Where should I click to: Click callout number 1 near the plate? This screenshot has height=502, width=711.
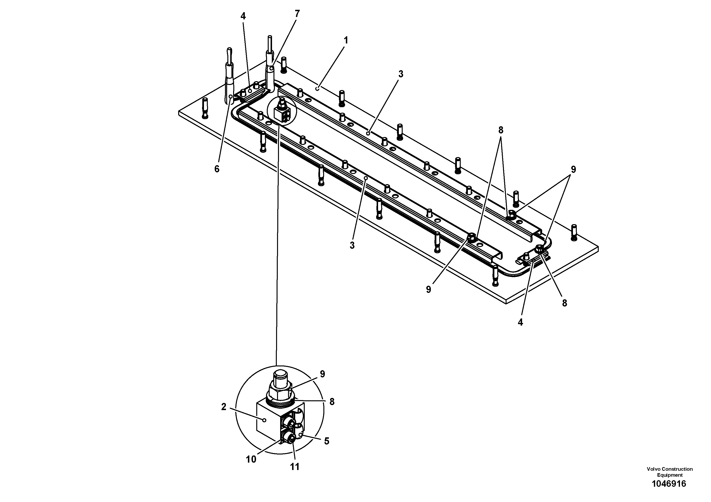coord(346,41)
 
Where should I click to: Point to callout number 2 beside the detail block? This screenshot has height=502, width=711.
coord(224,407)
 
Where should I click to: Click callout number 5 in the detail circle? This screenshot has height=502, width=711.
coord(326,441)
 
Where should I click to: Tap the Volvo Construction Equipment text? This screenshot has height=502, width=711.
coord(669,472)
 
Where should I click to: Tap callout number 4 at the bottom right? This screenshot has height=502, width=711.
coord(520,322)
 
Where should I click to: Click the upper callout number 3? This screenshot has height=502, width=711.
coord(401,74)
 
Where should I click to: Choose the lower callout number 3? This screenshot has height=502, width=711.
coord(352,245)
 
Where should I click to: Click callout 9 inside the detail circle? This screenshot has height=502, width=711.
coord(322,374)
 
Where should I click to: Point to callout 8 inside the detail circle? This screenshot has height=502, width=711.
coord(332,402)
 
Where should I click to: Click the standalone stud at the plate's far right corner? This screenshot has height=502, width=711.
coord(574,232)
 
